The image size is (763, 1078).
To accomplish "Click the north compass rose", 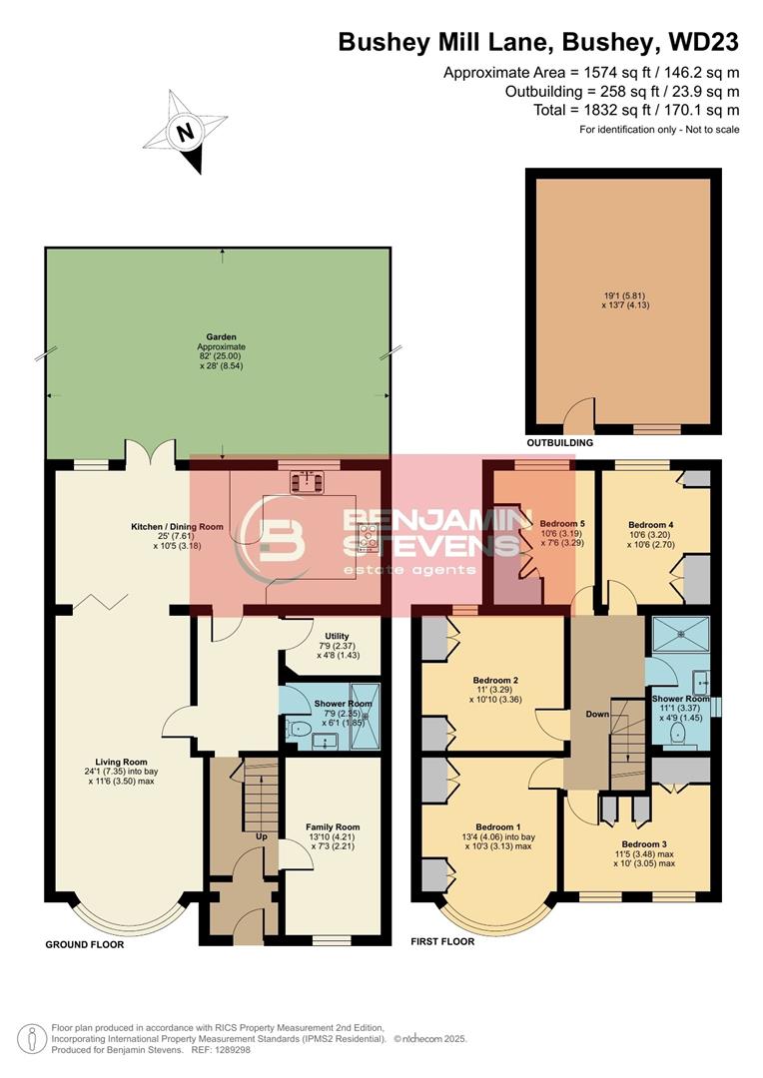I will click(186, 132).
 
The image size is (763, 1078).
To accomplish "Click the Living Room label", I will click(118, 761).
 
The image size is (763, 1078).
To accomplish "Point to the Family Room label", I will click(333, 827).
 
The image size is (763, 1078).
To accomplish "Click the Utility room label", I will click(335, 635).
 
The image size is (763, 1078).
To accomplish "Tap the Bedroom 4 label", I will click(650, 524).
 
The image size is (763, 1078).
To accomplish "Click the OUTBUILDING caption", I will click(559, 442).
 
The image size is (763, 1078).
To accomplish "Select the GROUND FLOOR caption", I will click(85, 944).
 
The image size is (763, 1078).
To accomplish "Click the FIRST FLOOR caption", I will click(442, 941).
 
